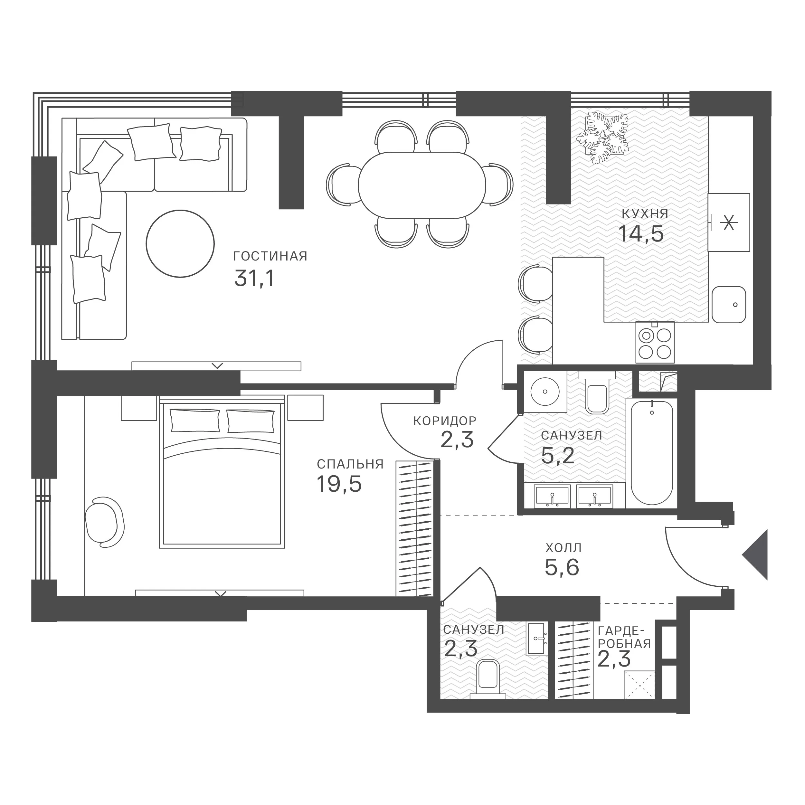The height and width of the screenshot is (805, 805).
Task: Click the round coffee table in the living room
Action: (180, 243)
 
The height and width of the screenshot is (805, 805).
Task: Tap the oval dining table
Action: (422, 185)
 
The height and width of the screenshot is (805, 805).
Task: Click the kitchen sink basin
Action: (729, 305)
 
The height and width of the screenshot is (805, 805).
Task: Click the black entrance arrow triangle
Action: (755, 554)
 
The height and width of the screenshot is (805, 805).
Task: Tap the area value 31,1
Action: (255, 278)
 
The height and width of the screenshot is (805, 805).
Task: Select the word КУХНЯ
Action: (645, 214)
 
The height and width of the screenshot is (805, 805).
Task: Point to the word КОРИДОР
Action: (445, 421)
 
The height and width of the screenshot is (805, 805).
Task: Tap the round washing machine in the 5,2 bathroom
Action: (545, 391)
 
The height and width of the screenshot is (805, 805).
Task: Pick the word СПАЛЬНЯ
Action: (350, 464)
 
